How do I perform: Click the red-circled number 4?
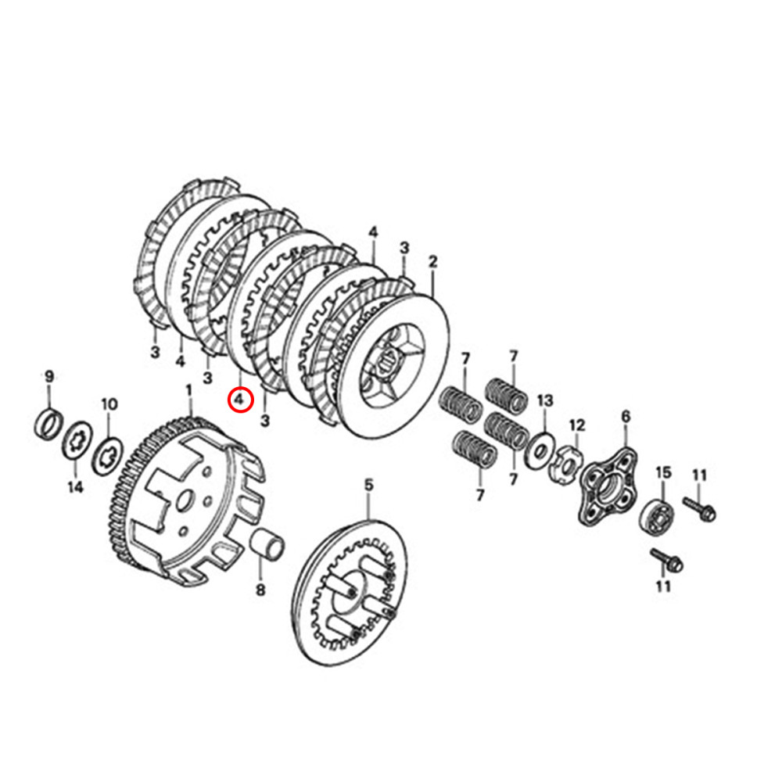(x=240, y=400)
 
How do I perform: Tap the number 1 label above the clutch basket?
(x=188, y=389)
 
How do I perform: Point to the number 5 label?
(x=369, y=486)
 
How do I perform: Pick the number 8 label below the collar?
(x=260, y=590)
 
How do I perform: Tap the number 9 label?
(x=48, y=376)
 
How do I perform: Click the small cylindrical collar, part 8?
(x=268, y=542)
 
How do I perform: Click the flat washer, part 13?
(x=540, y=451)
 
